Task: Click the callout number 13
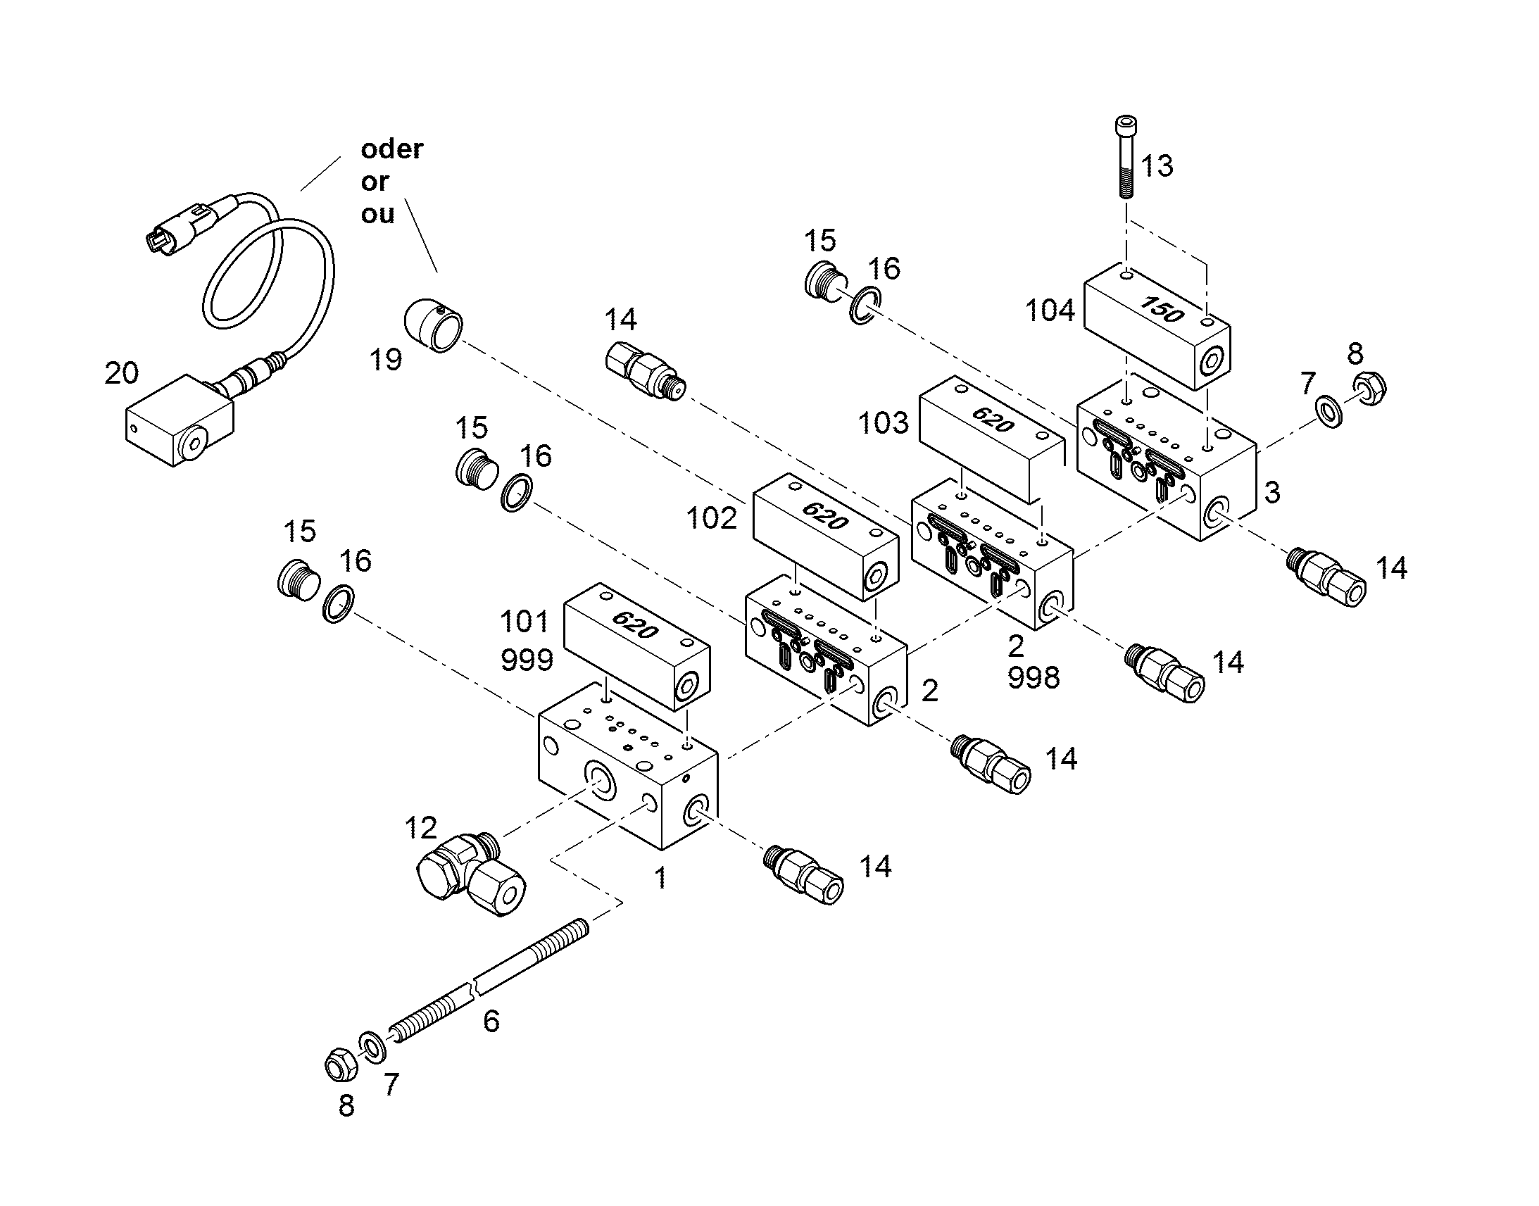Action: tap(1157, 167)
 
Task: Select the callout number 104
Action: tap(1050, 310)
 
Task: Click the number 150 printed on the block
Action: tap(1162, 308)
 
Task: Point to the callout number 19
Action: tap(387, 360)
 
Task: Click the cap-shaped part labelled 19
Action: tap(434, 325)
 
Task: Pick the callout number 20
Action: tap(121, 373)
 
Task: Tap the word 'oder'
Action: tap(392, 149)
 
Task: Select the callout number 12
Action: tap(421, 827)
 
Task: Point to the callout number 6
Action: tap(491, 1022)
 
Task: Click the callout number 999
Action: tap(527, 660)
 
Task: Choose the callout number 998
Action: tap(1034, 678)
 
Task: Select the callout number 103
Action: tap(883, 423)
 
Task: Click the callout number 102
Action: tap(712, 518)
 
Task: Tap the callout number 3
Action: tap(1272, 493)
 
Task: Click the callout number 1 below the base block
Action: tap(661, 879)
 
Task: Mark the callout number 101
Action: tap(524, 622)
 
